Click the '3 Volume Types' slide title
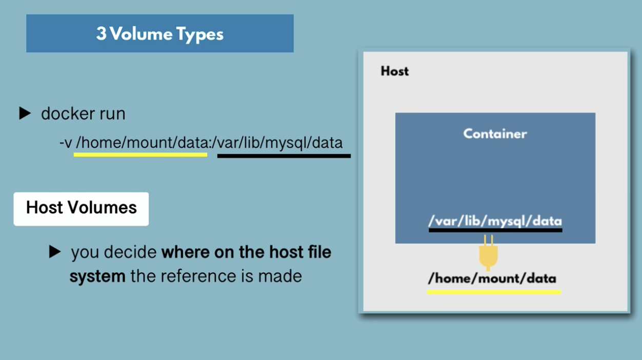pyautogui.click(x=159, y=34)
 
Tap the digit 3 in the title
pyautogui.click(x=101, y=33)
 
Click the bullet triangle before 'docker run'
pyautogui.click(x=25, y=113)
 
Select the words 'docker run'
pyautogui.click(x=83, y=113)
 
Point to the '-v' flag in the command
pyautogui.click(x=66, y=143)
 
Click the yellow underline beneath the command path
pyautogui.click(x=141, y=155)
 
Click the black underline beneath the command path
pyautogui.click(x=284, y=156)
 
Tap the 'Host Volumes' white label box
pyautogui.click(x=81, y=209)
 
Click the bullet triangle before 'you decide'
pyautogui.click(x=55, y=252)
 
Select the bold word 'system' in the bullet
pyautogui.click(x=97, y=276)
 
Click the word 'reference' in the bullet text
pyautogui.click(x=198, y=276)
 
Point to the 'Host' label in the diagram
pyautogui.click(x=395, y=71)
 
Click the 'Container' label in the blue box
pyautogui.click(x=495, y=134)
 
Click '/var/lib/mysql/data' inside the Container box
pyautogui.click(x=495, y=221)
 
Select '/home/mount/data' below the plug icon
pyautogui.click(x=492, y=278)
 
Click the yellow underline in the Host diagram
pyautogui.click(x=494, y=292)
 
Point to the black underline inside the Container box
pyautogui.click(x=495, y=230)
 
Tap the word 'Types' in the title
pyautogui.click(x=200, y=34)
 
